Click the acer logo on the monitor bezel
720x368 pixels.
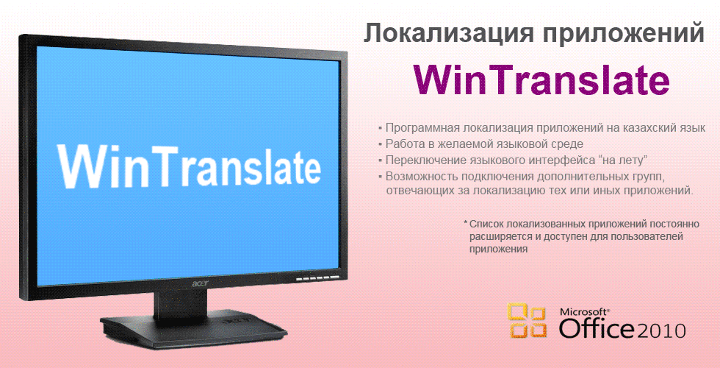tap(198, 281)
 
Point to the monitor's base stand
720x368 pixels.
tap(193, 327)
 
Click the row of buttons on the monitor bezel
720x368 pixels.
tap(317, 279)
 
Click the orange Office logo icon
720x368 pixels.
tap(527, 321)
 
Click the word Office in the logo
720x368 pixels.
tap(597, 328)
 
